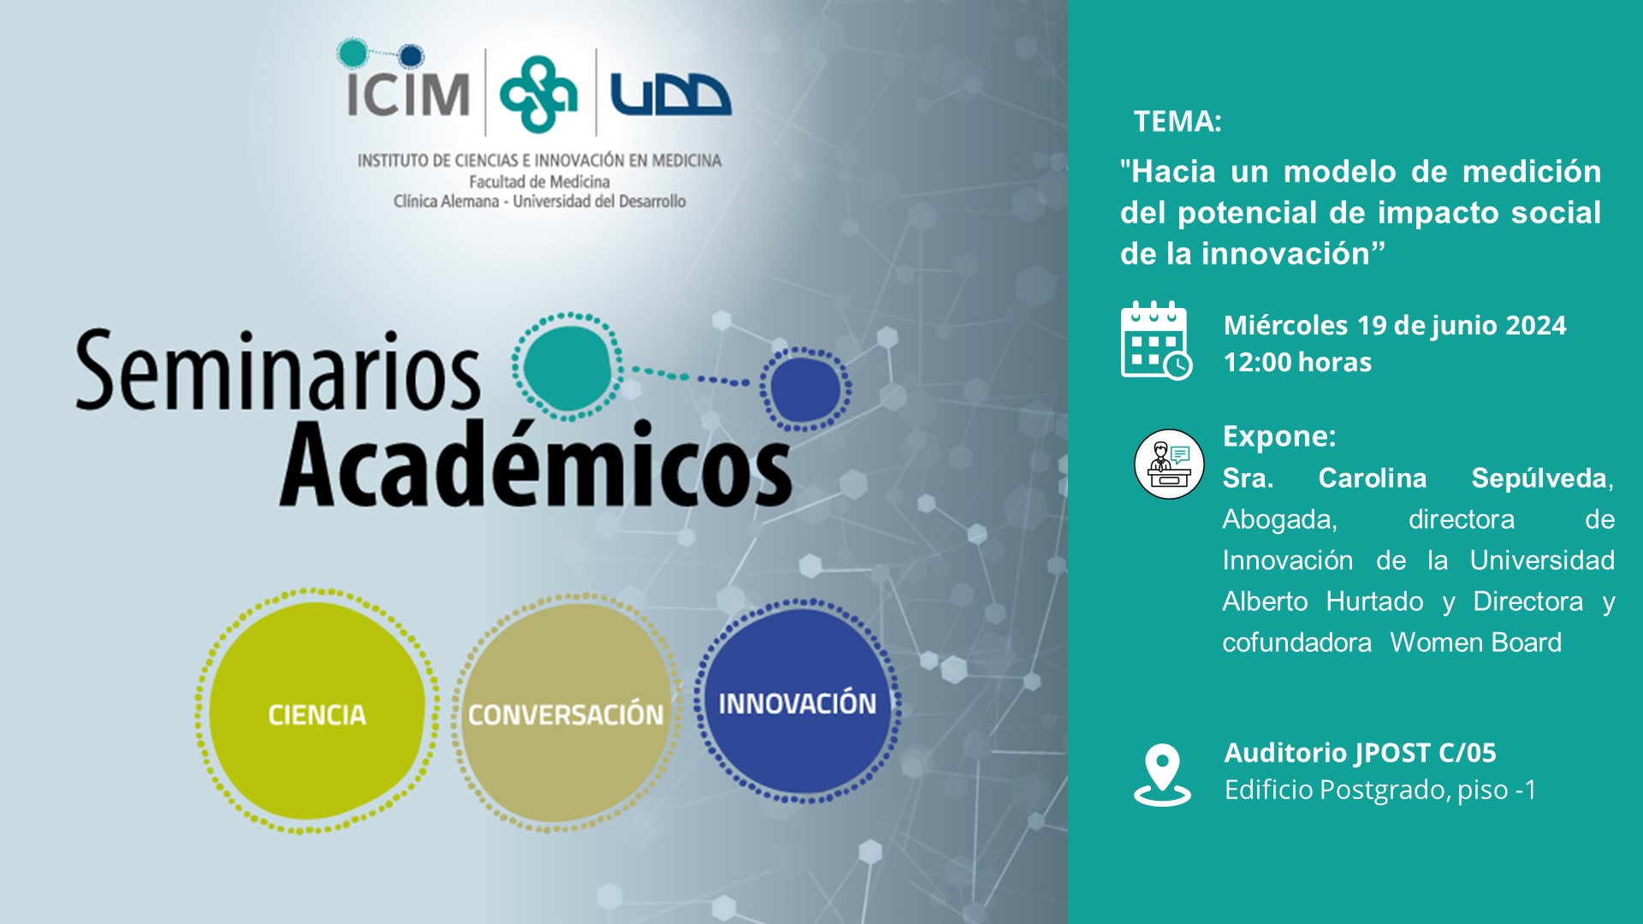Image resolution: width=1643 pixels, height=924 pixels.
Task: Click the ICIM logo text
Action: (x=407, y=93)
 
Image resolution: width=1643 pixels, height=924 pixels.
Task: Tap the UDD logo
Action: (x=670, y=94)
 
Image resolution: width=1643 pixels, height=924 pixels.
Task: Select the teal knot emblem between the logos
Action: (x=538, y=94)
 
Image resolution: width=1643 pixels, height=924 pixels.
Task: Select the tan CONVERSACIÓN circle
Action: (x=566, y=713)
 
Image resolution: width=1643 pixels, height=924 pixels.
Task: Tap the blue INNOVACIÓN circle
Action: (x=798, y=702)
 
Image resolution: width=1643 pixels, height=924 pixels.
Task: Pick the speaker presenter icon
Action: (x=1169, y=464)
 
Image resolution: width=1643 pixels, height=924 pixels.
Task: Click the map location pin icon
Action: (x=1162, y=775)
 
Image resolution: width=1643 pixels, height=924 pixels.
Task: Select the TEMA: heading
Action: (x=1177, y=121)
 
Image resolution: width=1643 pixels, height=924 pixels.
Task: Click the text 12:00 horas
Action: (x=1297, y=362)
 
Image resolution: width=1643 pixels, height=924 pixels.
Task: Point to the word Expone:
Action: (x=1279, y=436)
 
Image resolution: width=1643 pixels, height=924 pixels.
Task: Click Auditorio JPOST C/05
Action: (x=1361, y=753)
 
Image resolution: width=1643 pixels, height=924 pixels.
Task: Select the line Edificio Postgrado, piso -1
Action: (x=1380, y=790)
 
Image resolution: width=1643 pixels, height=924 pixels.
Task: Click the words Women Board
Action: (x=1476, y=643)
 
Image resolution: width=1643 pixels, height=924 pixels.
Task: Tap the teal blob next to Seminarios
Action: (x=567, y=366)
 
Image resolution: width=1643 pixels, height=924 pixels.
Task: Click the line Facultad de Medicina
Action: (x=539, y=181)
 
